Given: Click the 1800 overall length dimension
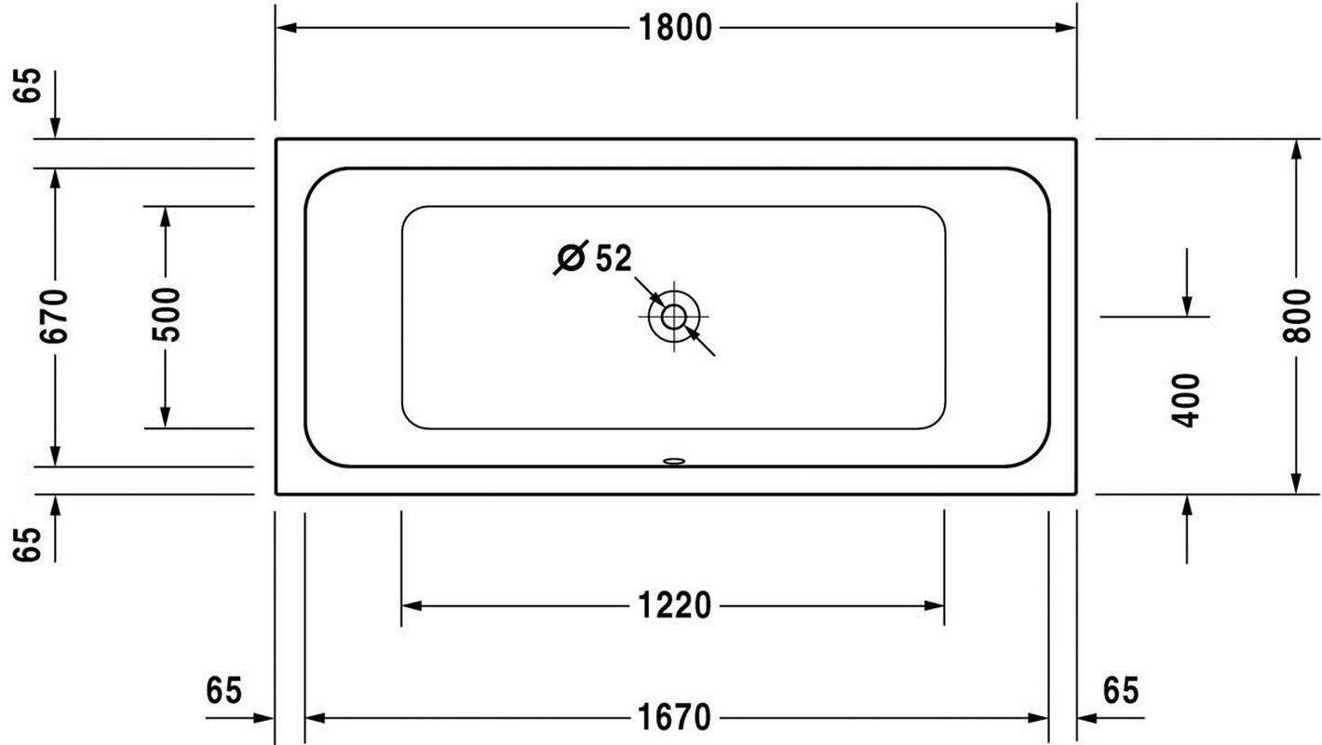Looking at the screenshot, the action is coord(675,28).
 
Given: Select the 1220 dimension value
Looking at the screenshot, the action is coord(675,605).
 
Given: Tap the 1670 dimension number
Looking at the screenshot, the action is coord(675,718).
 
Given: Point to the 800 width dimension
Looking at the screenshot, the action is coord(1297,316).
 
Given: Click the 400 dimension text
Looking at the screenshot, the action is coord(1186,400).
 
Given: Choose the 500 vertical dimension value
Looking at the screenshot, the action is coord(166,315).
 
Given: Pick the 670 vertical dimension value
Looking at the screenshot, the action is coord(54,316).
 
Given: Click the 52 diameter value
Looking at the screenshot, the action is coord(614,258).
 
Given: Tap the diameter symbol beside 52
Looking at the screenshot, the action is coord(571,257).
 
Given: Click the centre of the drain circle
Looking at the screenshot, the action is coord(673,317).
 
